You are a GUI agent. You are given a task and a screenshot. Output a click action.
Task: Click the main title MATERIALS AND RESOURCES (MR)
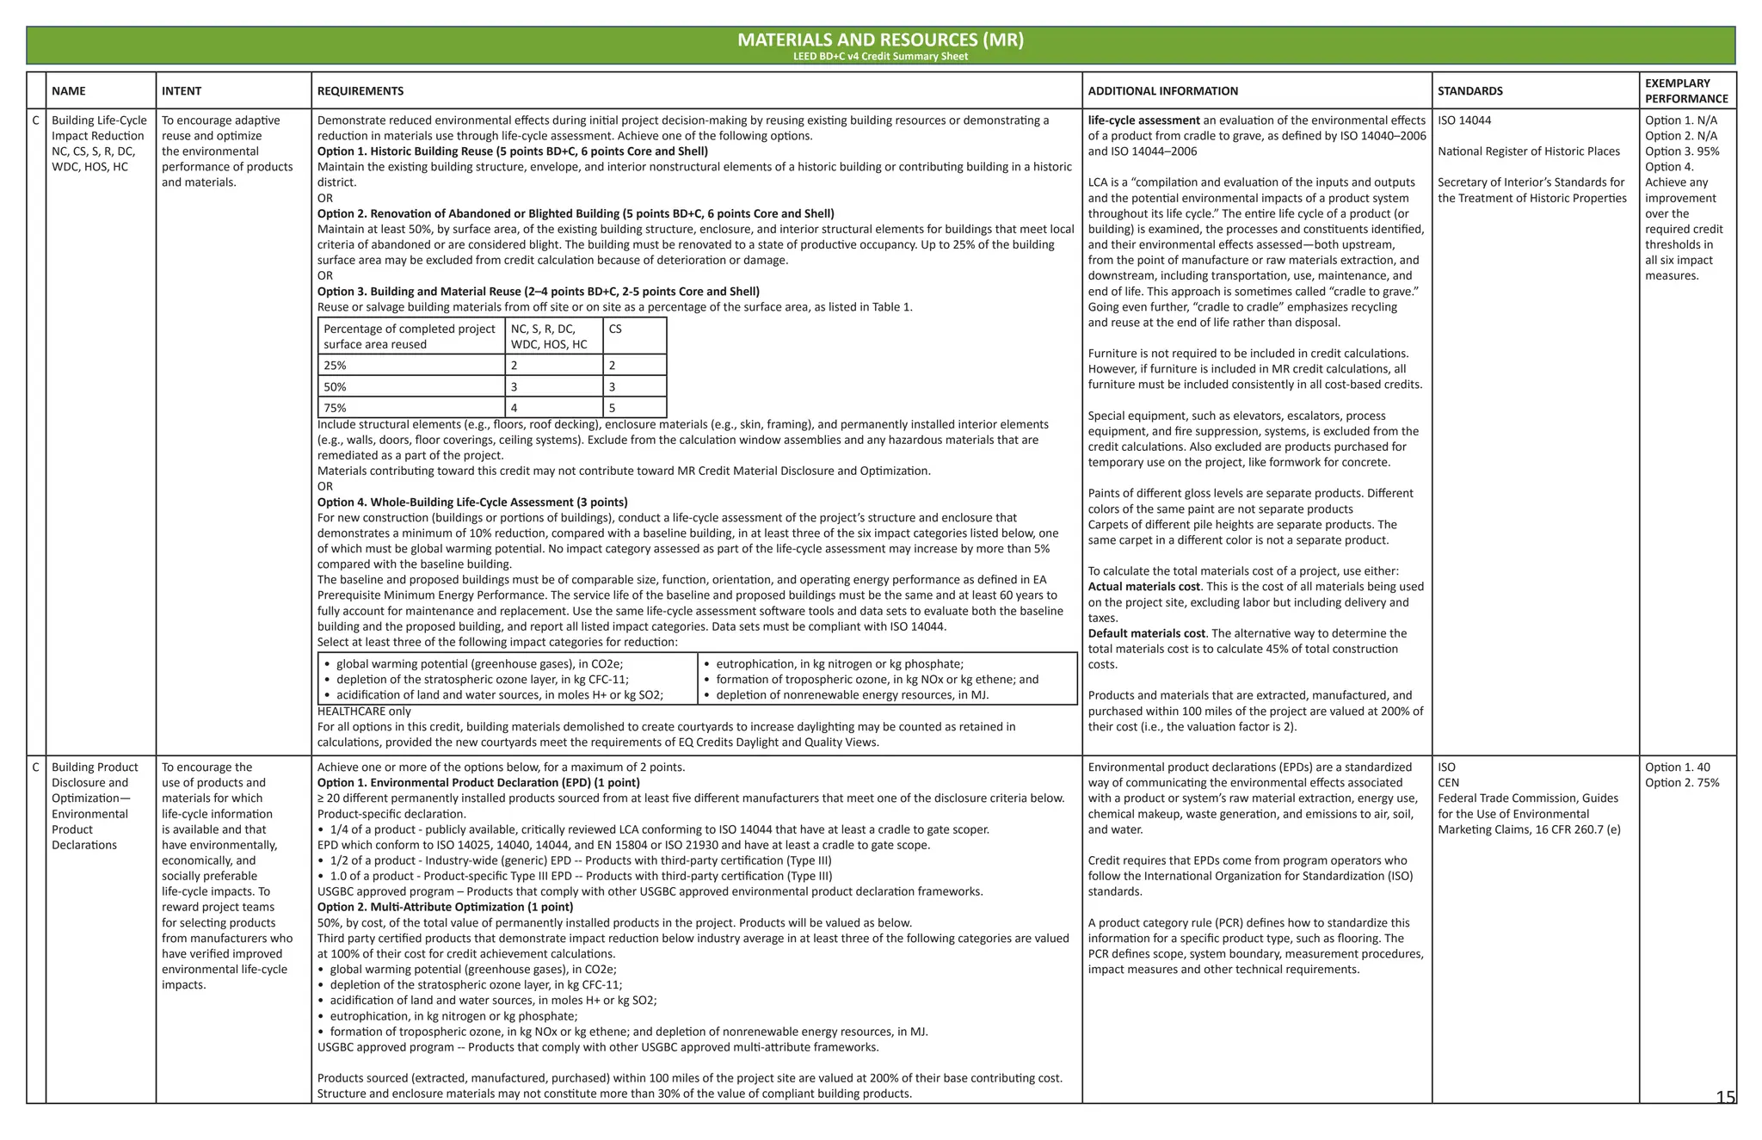[x=880, y=40]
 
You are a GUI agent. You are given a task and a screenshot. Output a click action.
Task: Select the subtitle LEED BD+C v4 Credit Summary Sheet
[x=880, y=57]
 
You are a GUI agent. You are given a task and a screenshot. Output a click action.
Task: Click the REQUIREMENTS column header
[x=360, y=91]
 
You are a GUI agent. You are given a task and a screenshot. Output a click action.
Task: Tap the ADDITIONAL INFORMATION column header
[x=1162, y=91]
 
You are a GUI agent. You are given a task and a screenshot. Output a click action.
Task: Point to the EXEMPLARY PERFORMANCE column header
[x=1685, y=90]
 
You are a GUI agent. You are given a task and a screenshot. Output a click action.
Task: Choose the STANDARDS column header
[x=1469, y=91]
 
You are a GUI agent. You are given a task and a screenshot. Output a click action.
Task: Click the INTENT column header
[x=182, y=91]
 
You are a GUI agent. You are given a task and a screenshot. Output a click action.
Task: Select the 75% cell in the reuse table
[x=335, y=408]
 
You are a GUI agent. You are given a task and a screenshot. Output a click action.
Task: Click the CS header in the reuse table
[x=614, y=329]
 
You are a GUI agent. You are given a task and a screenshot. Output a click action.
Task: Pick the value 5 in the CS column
[x=612, y=408]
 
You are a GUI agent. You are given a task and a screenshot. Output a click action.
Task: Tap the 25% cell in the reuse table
[x=335, y=366]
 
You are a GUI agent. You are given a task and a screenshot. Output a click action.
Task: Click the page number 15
[x=1724, y=1097]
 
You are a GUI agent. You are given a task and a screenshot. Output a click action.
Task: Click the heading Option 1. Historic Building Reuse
[x=512, y=151]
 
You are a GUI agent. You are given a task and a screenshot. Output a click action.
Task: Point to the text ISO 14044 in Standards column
[x=1463, y=120]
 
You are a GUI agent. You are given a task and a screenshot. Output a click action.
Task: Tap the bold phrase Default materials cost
[x=1146, y=633]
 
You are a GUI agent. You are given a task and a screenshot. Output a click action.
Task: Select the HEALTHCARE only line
[x=364, y=712]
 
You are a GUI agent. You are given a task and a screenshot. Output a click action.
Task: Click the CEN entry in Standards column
[x=1448, y=783]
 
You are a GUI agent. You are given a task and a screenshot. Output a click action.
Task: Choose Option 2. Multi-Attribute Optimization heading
[x=445, y=907]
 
